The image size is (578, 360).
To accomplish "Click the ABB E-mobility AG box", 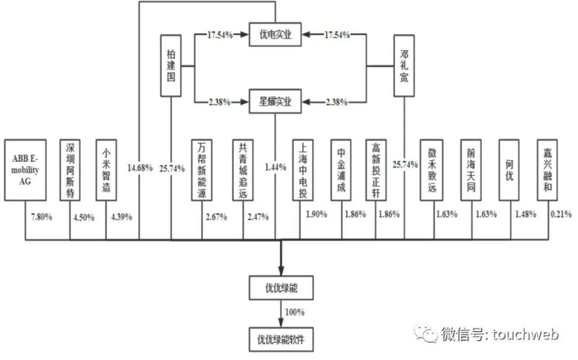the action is (26, 170).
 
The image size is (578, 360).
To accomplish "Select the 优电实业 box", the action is (275, 35).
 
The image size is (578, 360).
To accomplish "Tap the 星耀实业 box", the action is (275, 102).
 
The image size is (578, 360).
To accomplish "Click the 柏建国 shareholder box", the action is (171, 66).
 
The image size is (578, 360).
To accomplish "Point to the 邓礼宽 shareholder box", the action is (404, 66).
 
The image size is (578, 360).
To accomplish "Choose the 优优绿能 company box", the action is (282, 288).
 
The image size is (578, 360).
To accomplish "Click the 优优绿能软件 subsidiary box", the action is (282, 339).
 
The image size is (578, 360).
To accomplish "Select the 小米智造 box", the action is (107, 170).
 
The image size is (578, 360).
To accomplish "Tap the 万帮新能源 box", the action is (201, 170).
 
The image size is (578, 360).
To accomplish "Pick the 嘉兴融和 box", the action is (547, 170).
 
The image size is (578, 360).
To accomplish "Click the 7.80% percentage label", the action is (41, 217).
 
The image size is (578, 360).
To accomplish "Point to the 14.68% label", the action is (140, 168).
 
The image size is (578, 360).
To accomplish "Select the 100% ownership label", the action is (295, 312).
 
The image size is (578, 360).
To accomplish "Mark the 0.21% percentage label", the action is (561, 214).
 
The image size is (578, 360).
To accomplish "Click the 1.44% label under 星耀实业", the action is (275, 168).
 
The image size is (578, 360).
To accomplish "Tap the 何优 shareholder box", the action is (509, 170).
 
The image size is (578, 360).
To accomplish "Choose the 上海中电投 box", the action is (303, 170).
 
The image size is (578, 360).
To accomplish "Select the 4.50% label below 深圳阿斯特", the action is (83, 218).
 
